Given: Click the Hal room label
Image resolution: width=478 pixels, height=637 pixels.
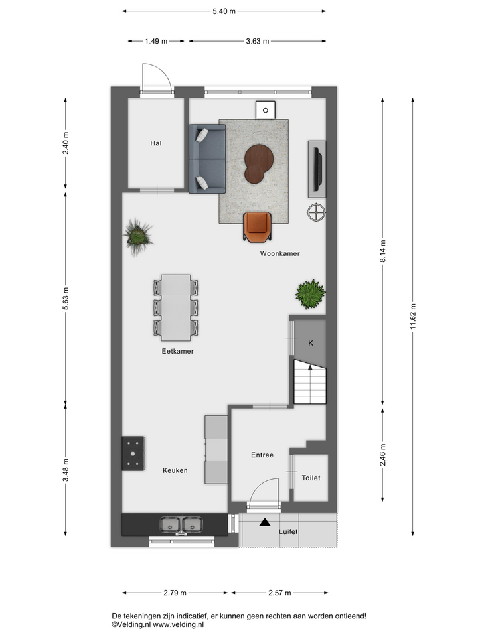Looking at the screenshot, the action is [155, 143].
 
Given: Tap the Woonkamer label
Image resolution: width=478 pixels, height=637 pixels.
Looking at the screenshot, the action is [280, 253].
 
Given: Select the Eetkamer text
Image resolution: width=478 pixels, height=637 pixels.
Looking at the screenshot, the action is [178, 351].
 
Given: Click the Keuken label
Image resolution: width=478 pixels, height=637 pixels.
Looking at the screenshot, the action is [175, 470].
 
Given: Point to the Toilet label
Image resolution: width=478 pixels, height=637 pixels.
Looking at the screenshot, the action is [311, 478].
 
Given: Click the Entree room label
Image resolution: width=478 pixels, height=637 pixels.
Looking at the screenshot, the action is [262, 455].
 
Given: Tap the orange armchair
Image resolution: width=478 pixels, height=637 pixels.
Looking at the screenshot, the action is [258, 227].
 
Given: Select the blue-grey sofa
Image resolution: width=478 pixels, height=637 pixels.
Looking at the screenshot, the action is [207, 159].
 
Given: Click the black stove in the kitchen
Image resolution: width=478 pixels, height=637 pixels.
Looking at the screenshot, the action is [133, 453].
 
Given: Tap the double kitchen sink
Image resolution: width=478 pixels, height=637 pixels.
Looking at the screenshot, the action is [181, 524].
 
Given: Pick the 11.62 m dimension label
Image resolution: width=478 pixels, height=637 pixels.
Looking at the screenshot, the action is [412, 316].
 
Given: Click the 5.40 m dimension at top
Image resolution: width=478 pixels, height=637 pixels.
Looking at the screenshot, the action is [224, 11].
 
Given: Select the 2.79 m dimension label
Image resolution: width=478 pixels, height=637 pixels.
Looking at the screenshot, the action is [175, 593].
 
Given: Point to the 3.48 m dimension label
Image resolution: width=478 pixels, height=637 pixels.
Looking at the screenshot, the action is [66, 470].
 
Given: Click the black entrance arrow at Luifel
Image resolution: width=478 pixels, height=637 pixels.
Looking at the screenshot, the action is [265, 522].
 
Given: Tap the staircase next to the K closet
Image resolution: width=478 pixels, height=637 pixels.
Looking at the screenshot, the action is [310, 382].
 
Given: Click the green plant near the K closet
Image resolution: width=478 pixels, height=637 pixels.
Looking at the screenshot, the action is [310, 294].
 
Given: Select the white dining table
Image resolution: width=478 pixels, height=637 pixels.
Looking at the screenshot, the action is [176, 307].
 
